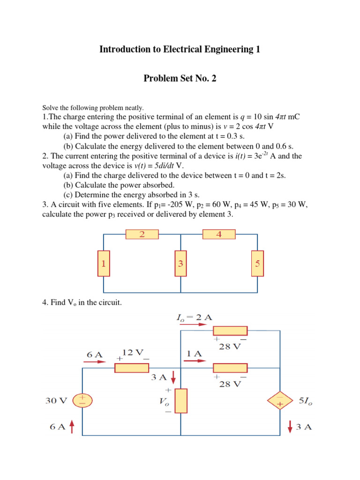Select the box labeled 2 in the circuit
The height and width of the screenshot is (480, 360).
[142, 234]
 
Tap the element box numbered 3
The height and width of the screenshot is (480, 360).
[180, 264]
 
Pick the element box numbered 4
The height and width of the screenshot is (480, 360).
[219, 234]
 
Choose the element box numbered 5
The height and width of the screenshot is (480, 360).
[257, 264]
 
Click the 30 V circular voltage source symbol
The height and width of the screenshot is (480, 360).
[83, 401]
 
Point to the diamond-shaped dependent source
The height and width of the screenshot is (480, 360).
[280, 401]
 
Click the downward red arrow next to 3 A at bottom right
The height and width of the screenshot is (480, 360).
[291, 427]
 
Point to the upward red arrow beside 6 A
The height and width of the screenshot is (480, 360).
[72, 427]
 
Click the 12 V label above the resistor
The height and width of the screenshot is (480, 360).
[133, 352]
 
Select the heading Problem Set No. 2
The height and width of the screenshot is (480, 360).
[180, 79]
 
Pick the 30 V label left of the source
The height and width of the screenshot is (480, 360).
[56, 401]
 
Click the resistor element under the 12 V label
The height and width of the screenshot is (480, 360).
[133, 368]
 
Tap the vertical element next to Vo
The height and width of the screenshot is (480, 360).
[181, 401]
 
